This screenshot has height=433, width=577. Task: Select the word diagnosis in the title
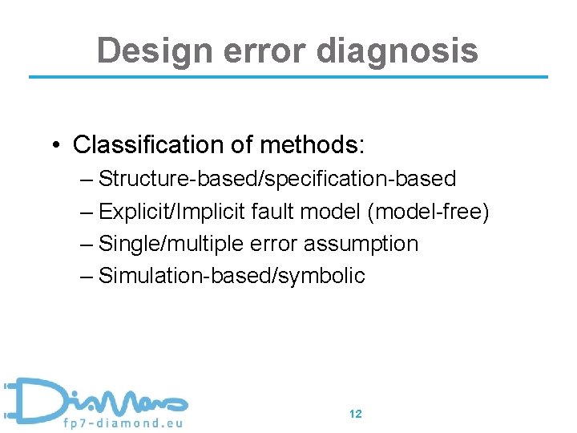pyautogui.click(x=397, y=51)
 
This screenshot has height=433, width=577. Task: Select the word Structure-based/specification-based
pyautogui.click(x=276, y=179)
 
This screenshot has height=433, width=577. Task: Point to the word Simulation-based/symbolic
pyautogui.click(x=231, y=277)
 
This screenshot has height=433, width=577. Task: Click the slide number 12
pyautogui.click(x=356, y=414)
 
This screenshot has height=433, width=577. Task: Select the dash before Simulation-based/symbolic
pyautogui.click(x=87, y=277)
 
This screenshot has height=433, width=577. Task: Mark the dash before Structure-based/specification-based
pyautogui.click(x=87, y=179)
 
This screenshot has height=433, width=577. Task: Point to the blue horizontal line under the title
pyautogui.click(x=288, y=77)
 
